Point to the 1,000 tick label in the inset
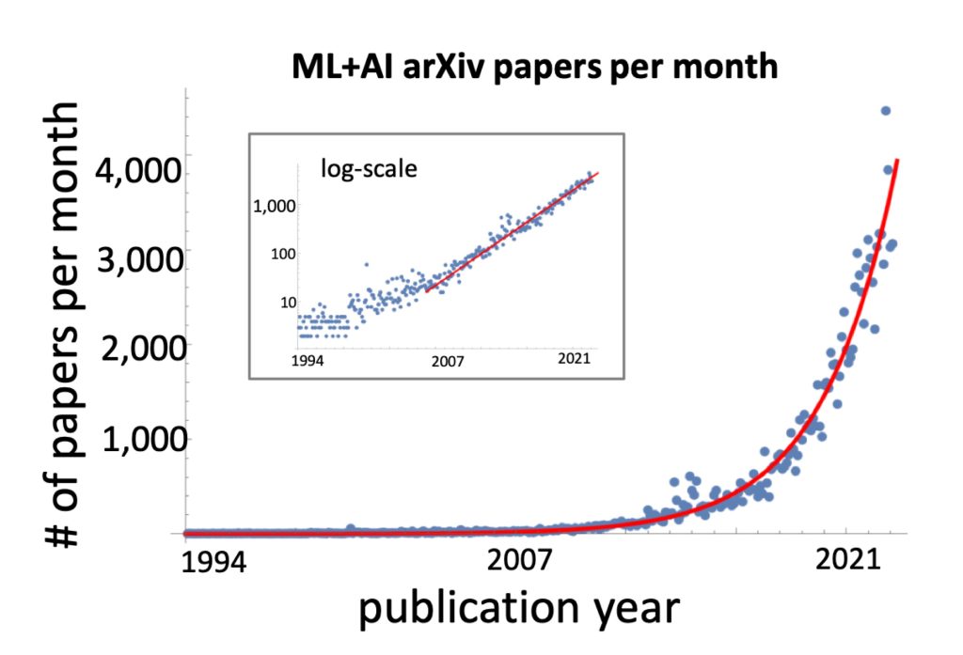point(276,205)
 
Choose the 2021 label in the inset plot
point(572,360)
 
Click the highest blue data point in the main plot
point(885,111)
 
